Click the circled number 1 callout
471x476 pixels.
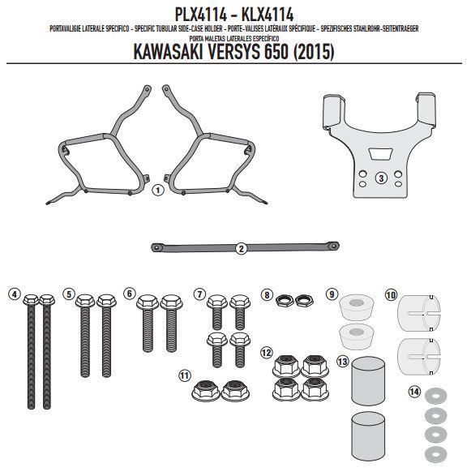(157, 191)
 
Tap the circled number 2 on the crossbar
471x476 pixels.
(242, 249)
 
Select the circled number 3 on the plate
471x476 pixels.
(381, 178)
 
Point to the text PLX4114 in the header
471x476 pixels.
(200, 15)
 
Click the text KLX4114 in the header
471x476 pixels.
(268, 15)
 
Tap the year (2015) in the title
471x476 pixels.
(314, 52)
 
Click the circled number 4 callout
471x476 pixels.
(15, 294)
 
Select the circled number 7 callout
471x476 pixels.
(199, 294)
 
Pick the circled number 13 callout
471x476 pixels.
(343, 361)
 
